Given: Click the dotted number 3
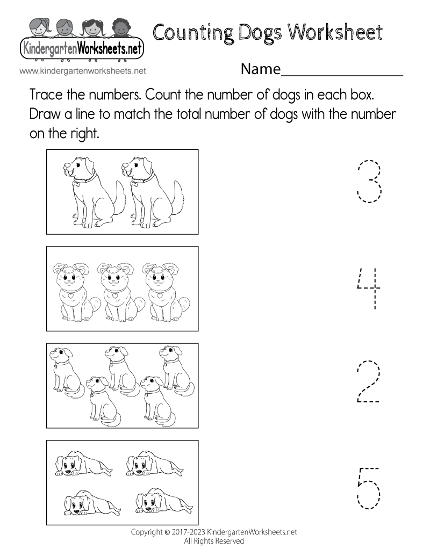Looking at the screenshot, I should [x=369, y=180].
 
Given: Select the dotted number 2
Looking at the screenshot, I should [x=369, y=382].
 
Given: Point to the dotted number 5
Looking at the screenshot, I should [x=368, y=488].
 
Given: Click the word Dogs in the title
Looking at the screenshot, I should [x=257, y=33].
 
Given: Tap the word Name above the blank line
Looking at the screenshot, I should [x=261, y=69].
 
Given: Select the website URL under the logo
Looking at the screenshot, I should [x=83, y=70].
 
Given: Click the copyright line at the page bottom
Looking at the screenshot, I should [x=214, y=532].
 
